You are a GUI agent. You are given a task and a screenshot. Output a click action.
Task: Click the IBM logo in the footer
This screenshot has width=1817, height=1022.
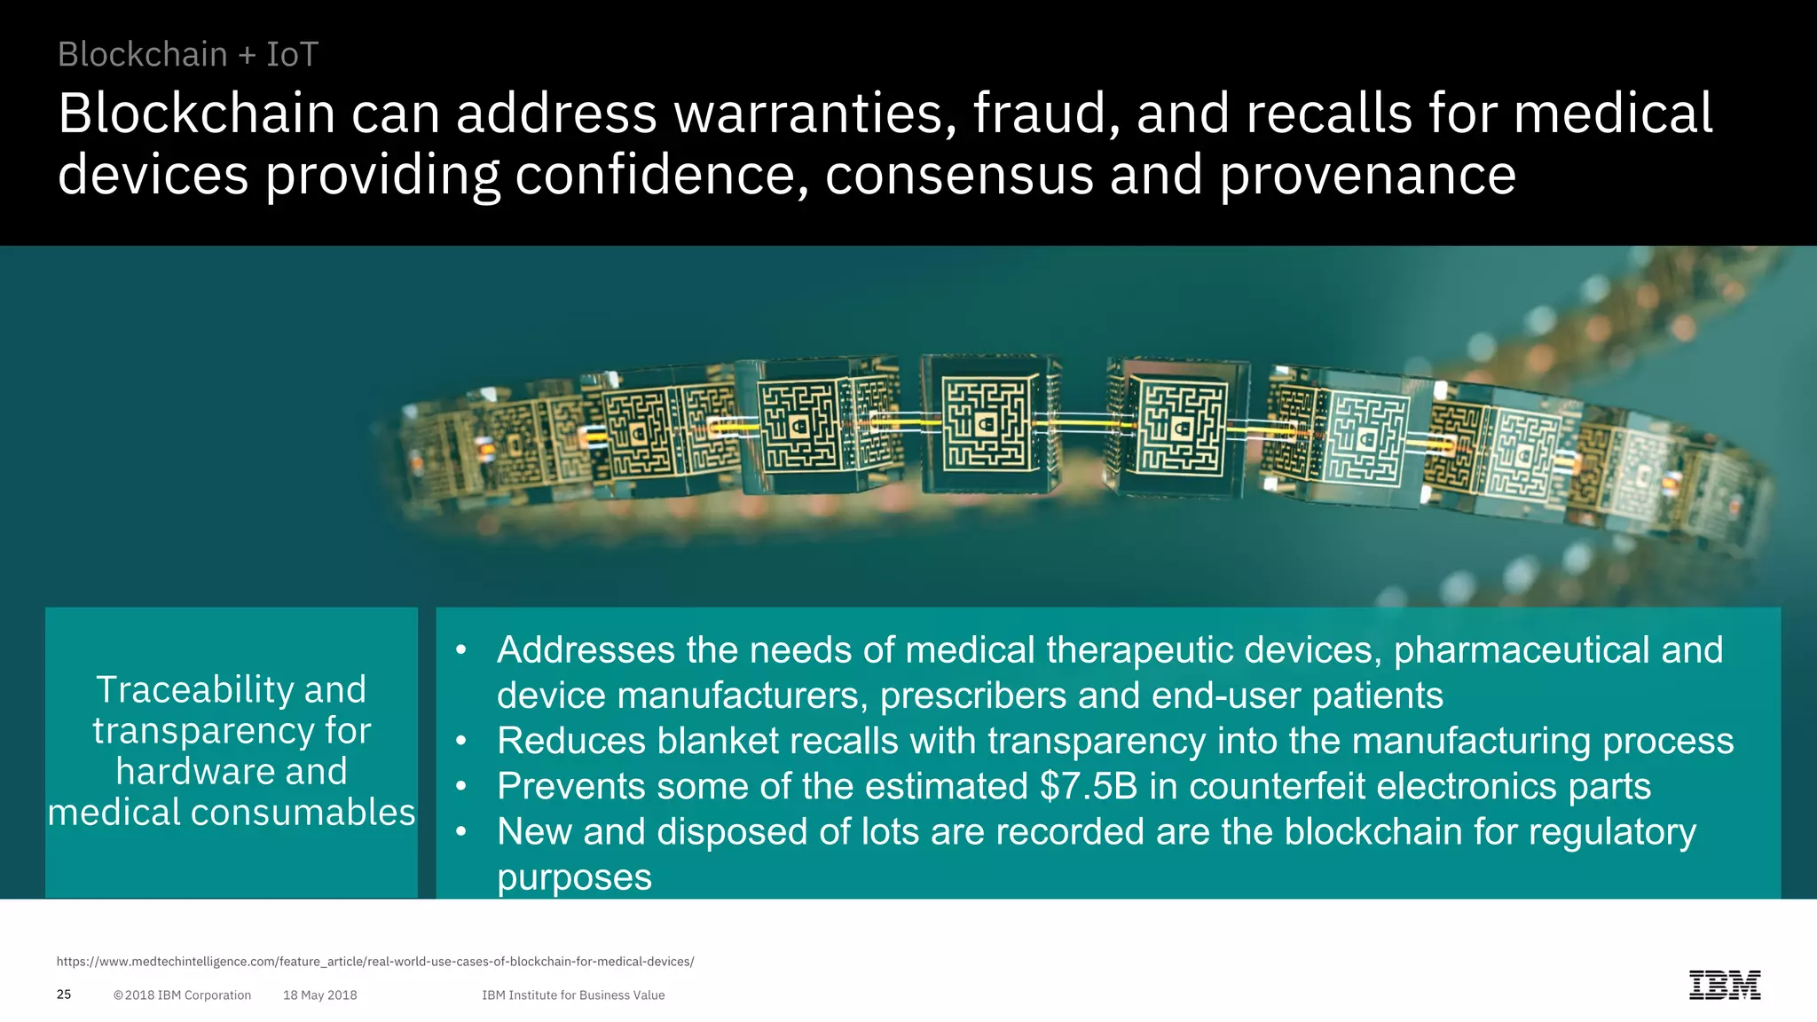pyautogui.click(x=1724, y=985)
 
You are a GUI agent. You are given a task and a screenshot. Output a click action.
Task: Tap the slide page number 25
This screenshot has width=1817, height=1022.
pyautogui.click(x=64, y=994)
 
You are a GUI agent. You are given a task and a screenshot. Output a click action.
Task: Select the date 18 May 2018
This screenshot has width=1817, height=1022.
pyautogui.click(x=319, y=995)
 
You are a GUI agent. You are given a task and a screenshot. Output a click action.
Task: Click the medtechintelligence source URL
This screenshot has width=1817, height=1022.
pyautogui.click(x=374, y=962)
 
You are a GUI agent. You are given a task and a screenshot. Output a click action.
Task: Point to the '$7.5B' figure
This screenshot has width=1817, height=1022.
pyautogui.click(x=1088, y=787)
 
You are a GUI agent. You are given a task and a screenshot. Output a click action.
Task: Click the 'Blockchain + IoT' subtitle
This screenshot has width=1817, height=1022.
pyautogui.click(x=187, y=55)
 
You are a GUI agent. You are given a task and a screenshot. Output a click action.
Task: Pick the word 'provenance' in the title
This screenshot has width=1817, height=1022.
pyautogui.click(x=1367, y=175)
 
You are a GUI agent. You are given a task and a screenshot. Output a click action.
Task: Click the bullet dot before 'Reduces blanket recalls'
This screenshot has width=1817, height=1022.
pyautogui.click(x=460, y=741)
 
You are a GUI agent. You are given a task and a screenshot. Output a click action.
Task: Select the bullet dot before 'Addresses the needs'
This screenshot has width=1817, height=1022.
pyautogui.click(x=460, y=650)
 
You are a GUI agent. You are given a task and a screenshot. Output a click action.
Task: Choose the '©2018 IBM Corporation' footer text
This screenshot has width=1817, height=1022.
pyautogui.click(x=182, y=995)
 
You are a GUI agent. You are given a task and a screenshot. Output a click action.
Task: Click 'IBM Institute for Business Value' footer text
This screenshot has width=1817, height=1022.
pyautogui.click(x=573, y=995)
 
